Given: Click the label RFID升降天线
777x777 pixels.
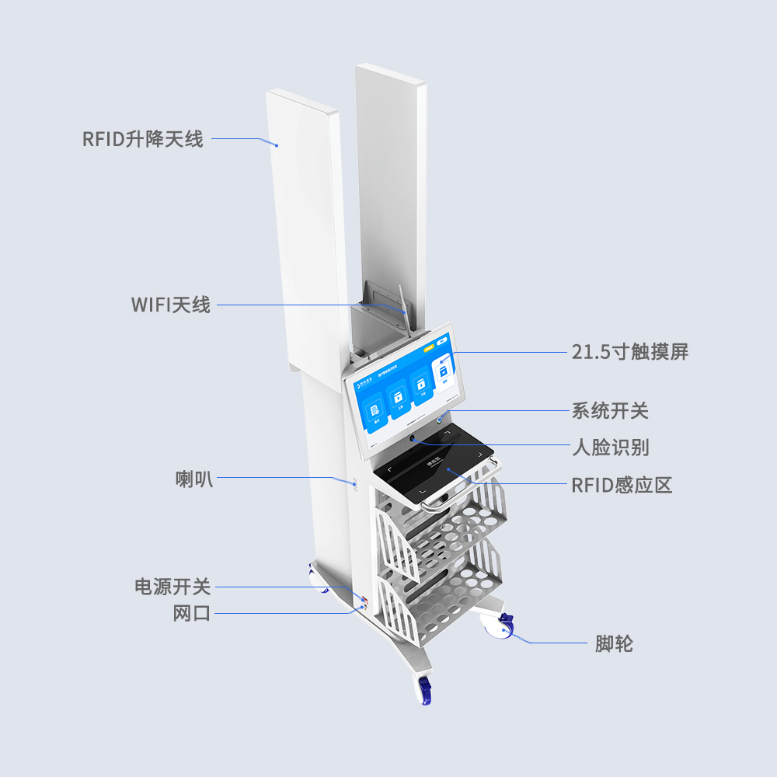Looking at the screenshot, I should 143,140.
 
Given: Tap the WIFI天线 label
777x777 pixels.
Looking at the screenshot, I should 171,304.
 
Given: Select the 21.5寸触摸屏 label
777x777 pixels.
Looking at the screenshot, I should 630,352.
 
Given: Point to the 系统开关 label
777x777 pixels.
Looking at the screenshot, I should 610,410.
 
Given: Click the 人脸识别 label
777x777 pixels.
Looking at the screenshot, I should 610,448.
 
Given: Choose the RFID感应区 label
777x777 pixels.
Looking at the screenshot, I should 622,486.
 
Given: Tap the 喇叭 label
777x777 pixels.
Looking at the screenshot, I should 193,479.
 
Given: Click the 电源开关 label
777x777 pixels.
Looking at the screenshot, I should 172,587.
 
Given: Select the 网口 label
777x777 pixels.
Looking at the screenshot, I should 192,614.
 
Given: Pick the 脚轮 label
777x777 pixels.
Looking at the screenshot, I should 614,643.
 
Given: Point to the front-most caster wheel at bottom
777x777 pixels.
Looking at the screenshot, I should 425,689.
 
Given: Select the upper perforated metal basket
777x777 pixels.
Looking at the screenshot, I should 447,521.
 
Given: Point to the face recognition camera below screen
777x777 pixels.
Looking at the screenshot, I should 413,441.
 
